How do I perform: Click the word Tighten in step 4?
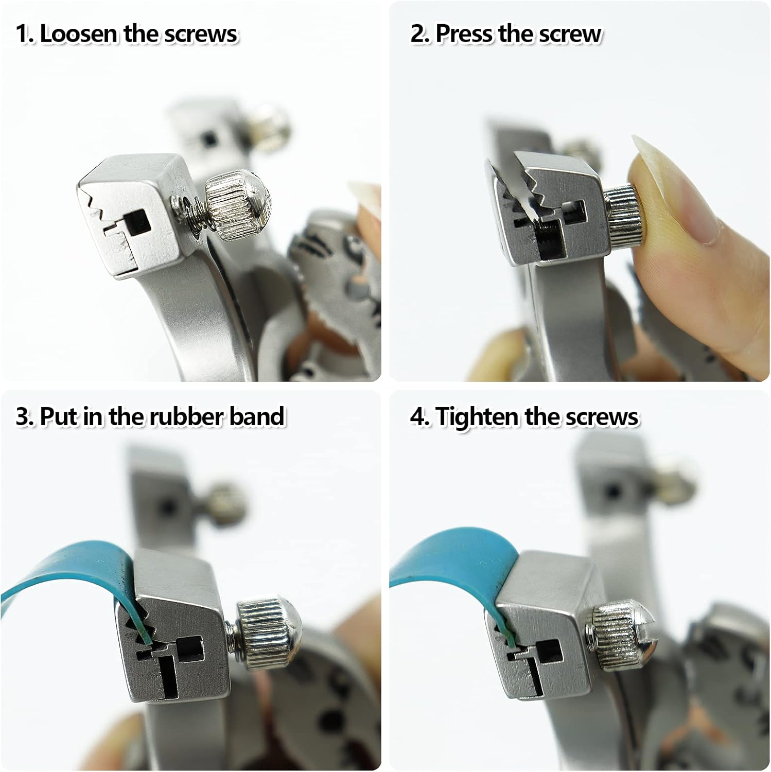(477, 417)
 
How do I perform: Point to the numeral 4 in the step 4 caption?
(418, 417)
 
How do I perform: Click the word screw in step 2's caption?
(570, 34)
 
